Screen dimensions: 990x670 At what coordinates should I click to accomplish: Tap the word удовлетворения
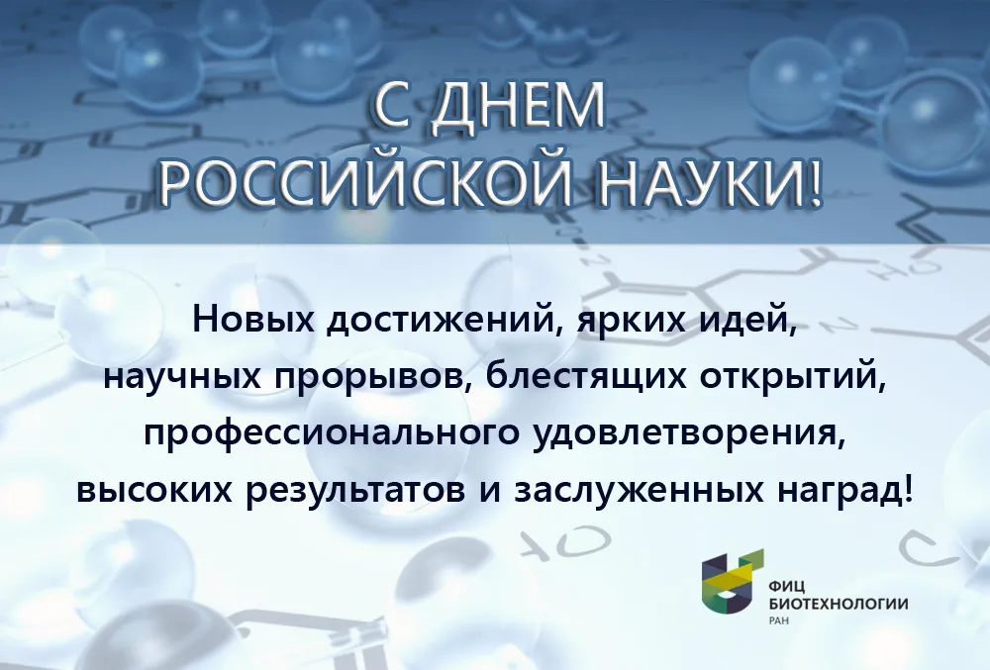(688, 435)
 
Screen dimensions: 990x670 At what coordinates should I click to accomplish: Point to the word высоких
(154, 490)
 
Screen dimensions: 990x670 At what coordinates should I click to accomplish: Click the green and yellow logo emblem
(733, 582)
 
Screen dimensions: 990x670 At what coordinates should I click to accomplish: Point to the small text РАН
(779, 621)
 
